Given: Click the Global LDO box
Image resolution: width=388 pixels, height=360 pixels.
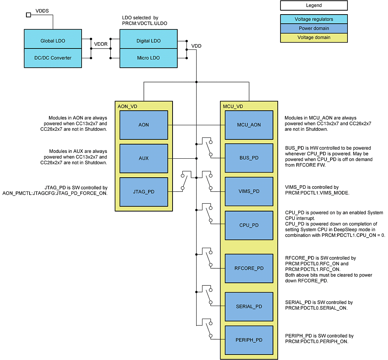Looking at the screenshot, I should pos(53,41).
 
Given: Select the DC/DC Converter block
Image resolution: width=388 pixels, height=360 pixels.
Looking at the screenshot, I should pos(53,58).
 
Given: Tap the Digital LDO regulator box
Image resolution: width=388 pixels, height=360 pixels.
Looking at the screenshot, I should pos(148,41).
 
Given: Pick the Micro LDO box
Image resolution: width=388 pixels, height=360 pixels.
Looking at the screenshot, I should pos(148,58).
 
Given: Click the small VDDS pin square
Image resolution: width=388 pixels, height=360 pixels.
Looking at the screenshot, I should pos(28,15).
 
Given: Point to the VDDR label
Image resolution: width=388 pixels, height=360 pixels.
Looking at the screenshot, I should pos(100,44).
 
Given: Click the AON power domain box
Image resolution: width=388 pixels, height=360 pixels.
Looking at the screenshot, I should pos(143,125).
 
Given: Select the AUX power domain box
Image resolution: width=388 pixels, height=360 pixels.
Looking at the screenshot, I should pos(143,158).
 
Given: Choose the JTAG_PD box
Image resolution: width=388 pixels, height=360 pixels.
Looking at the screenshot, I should pos(143,192).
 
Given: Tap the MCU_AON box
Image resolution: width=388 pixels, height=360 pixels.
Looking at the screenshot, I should pos(249,125).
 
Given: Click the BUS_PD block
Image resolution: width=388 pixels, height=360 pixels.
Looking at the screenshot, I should pos(249,158).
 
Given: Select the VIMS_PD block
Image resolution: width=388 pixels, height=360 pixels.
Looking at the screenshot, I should pos(249,191).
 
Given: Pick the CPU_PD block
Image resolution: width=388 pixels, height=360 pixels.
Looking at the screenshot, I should pos(249,225).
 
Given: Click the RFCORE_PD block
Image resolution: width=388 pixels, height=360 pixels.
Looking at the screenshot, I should pos(249,268).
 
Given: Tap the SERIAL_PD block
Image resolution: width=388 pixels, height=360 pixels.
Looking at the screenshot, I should pos(249,306).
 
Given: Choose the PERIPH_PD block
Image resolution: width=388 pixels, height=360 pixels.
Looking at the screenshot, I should pos(249,340).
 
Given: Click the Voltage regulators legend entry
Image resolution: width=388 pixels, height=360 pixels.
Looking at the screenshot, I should pos(314,19).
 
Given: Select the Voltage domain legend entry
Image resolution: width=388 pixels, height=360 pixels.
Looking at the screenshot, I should pos(314,38).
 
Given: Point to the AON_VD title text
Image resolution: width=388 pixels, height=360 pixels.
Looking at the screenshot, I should pos(128,106).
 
